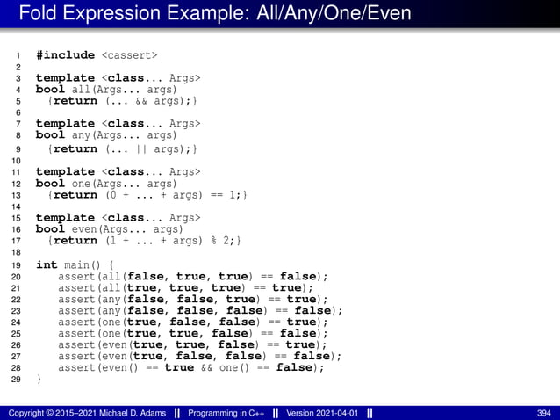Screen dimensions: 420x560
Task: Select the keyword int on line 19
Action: pos(47,264)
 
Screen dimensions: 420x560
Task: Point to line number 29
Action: pos(16,380)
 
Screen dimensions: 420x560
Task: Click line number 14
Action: pos(16,206)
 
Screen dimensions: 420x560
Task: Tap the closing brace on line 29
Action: pos(39,380)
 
